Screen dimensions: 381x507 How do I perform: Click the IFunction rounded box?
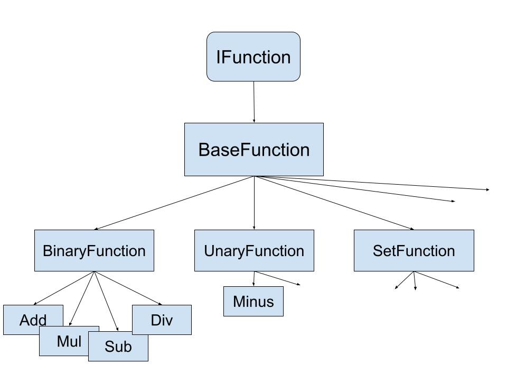253,57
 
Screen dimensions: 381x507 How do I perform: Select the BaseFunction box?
253,150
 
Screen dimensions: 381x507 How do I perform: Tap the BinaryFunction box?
94,250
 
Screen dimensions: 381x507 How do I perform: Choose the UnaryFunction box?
254,250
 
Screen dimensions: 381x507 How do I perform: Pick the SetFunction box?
414,250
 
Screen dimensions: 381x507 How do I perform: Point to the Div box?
162,320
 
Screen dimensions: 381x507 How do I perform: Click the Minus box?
253,301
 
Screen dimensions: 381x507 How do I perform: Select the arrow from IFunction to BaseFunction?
254,102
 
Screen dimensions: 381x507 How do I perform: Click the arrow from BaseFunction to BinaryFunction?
174,203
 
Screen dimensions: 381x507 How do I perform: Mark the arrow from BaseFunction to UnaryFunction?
255,203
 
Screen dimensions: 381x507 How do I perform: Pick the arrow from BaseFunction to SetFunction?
334,203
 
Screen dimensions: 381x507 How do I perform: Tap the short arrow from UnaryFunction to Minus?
254,279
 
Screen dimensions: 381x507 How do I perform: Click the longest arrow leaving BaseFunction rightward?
372,183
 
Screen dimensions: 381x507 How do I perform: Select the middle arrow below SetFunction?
415,280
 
